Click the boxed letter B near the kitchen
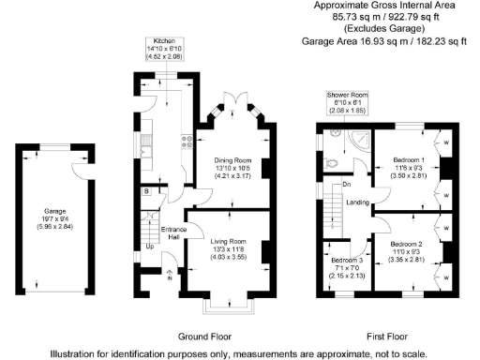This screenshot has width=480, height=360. point(147,192)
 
